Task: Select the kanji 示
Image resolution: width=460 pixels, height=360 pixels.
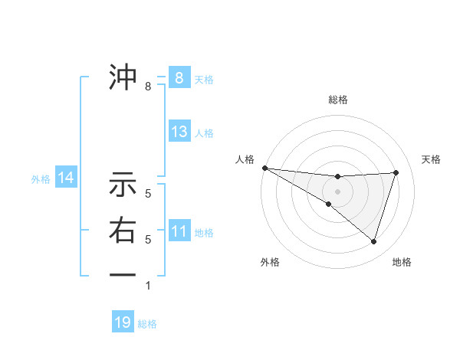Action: click(123, 184)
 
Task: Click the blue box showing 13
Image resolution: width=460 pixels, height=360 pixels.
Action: click(179, 132)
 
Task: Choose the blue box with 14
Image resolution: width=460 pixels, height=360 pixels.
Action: click(66, 178)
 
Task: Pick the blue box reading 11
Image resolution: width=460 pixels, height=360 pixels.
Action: click(179, 231)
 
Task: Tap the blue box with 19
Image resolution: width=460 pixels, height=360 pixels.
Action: click(123, 322)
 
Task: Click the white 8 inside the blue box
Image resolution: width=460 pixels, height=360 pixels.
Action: click(179, 77)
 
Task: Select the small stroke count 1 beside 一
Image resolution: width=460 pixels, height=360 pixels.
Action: click(148, 286)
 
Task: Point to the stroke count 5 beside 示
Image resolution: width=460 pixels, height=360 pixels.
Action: click(148, 195)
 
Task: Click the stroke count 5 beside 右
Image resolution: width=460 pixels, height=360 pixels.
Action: click(148, 240)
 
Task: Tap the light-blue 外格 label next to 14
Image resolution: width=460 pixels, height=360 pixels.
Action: click(41, 179)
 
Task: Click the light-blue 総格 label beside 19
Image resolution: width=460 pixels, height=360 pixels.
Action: click(147, 324)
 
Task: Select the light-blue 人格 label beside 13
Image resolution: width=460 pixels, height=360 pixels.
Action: click(204, 133)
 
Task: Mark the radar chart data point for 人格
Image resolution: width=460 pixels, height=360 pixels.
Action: click(264, 167)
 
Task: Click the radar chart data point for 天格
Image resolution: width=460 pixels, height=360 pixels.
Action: click(396, 172)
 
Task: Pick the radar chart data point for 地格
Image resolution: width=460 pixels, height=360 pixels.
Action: click(373, 241)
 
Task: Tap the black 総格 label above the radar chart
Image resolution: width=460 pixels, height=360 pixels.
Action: click(338, 100)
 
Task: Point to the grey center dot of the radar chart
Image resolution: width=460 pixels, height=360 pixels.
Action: click(337, 191)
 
